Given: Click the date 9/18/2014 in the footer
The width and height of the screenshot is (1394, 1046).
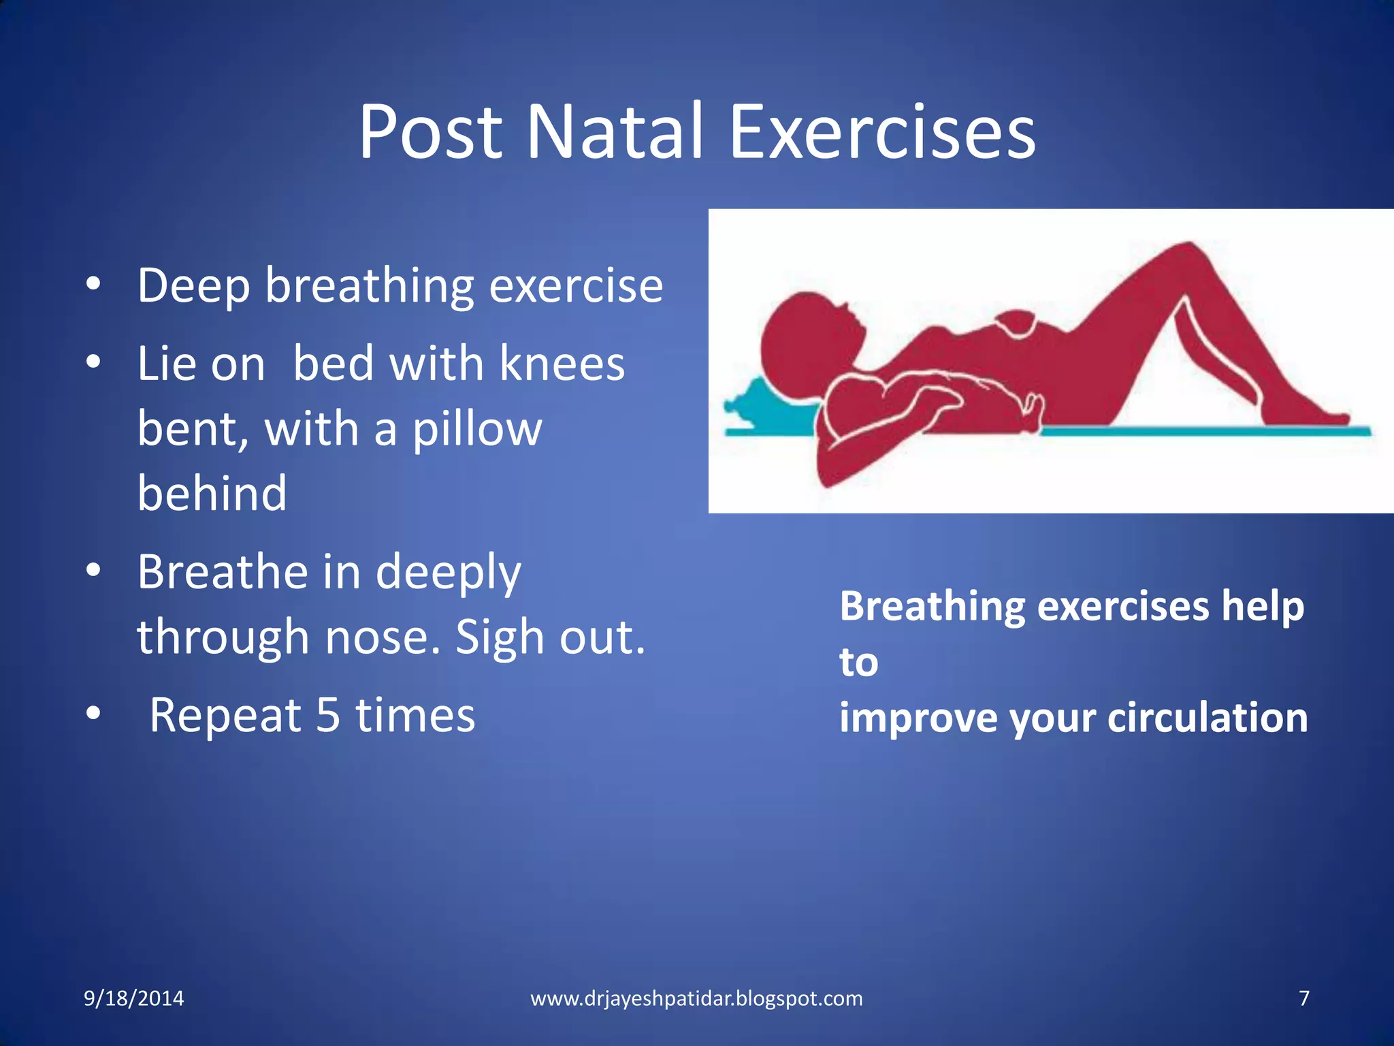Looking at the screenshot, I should (133, 998).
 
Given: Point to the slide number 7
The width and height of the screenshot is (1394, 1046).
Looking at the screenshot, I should (1304, 998).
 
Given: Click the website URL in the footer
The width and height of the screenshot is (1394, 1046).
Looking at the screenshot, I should (696, 998).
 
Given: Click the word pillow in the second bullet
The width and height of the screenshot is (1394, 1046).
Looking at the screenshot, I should (477, 429).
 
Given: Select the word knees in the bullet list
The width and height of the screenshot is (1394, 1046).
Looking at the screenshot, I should (562, 364).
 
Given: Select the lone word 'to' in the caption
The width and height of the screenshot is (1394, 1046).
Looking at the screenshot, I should (858, 662).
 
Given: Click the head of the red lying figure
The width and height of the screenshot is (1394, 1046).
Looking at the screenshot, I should (807, 340).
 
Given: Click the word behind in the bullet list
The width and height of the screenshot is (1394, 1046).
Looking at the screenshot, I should (212, 493).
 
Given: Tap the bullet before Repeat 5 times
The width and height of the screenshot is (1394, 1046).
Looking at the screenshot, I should (94, 714).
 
